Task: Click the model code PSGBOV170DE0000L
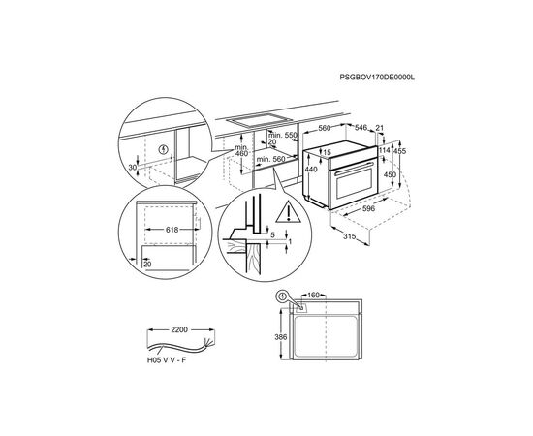(377, 86)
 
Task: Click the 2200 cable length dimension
(179, 329)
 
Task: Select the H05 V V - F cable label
(167, 360)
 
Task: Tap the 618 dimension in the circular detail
(172, 230)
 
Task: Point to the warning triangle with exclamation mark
(288, 212)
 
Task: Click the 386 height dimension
(281, 337)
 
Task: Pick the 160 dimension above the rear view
(313, 295)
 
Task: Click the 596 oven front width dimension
(368, 208)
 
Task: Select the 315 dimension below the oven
(349, 236)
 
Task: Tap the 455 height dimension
(399, 151)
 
